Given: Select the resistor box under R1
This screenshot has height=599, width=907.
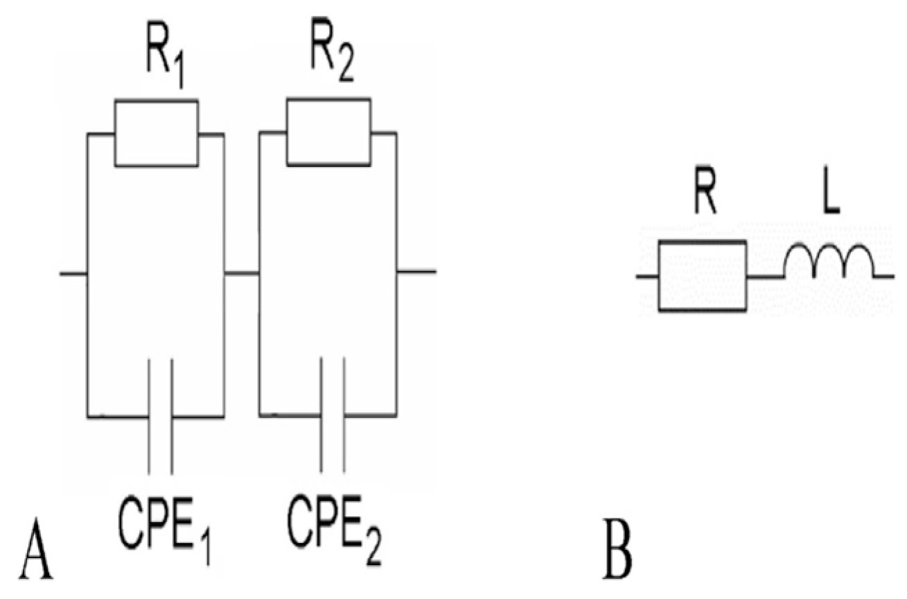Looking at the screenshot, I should tap(156, 133).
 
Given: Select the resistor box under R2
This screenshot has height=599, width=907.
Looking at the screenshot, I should tap(328, 132).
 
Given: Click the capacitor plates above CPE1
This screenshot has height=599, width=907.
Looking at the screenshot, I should tap(160, 416).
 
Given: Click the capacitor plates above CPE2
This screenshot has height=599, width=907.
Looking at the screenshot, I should tap(332, 416).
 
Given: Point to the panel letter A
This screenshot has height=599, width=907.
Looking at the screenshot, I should tap(36, 555).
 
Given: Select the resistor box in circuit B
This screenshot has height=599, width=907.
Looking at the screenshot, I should tap(702, 276).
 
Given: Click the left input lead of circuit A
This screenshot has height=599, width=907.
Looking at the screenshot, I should tap(73, 275).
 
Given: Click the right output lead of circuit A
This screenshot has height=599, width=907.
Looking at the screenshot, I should tap(416, 271).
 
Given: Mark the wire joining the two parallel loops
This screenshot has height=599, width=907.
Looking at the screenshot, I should tap(241, 273).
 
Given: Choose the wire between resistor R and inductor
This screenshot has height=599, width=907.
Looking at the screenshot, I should tap(765, 277).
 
